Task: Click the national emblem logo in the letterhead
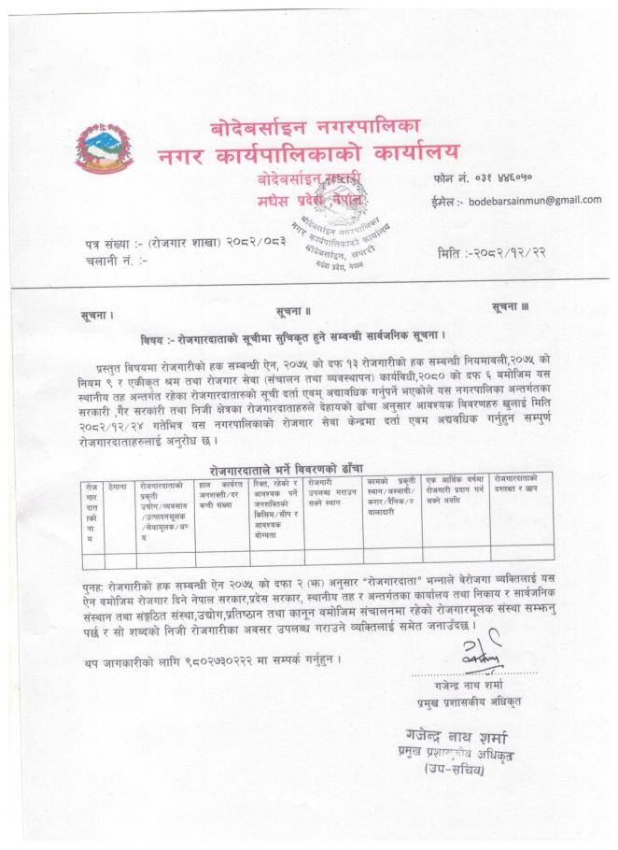pyautogui.click(x=104, y=149)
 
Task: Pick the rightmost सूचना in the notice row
pyautogui.click(x=511, y=308)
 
